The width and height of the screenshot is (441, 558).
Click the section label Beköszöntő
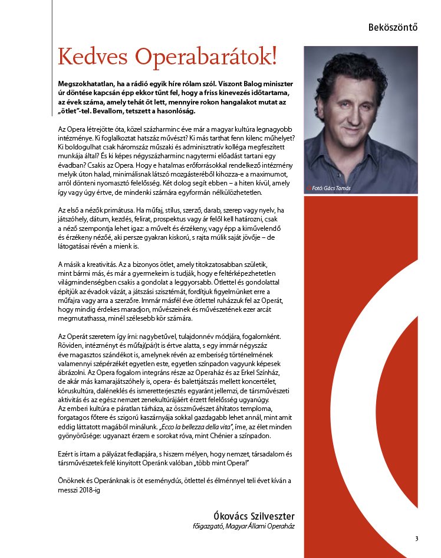coord(393,27)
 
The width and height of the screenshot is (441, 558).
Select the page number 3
coord(416,538)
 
